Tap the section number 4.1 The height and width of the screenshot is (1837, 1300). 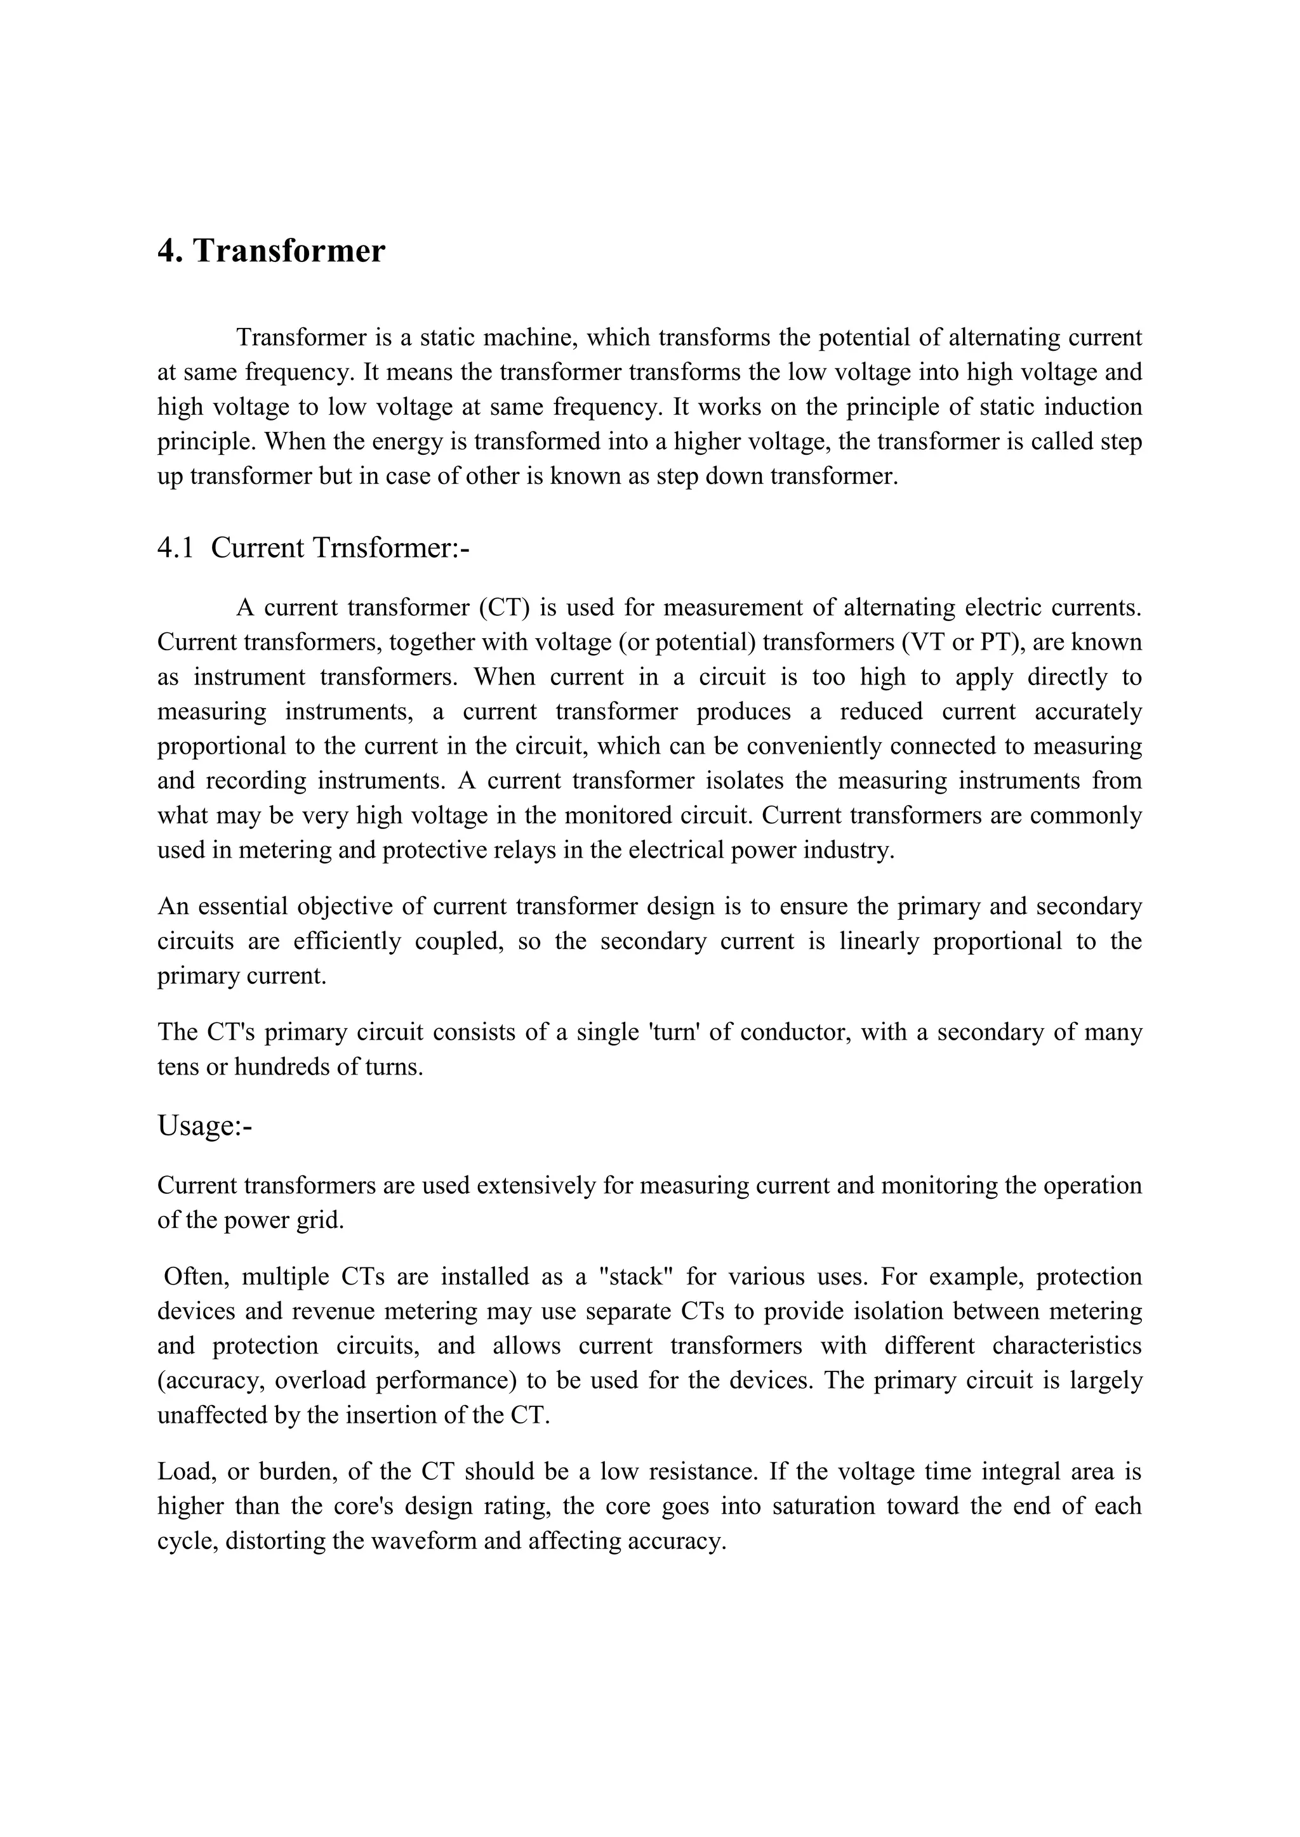[175, 548]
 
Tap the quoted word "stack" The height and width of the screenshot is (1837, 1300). [635, 1276]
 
